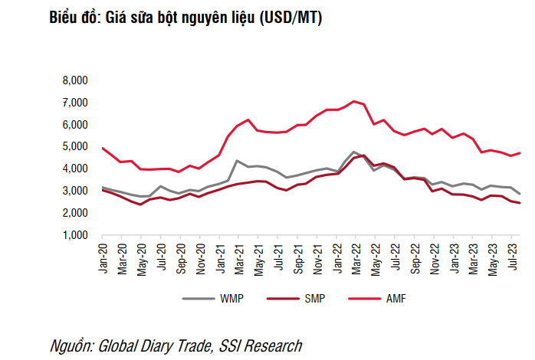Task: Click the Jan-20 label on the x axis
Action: (x=102, y=255)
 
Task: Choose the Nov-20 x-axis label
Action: (x=199, y=255)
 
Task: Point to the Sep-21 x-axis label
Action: (x=295, y=255)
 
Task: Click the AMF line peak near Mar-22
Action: (x=353, y=101)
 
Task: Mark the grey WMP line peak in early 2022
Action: (x=353, y=152)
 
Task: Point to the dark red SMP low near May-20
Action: (x=140, y=205)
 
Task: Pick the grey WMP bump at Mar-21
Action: (x=237, y=161)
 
